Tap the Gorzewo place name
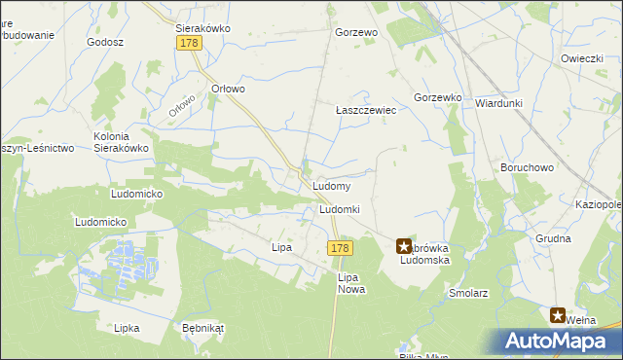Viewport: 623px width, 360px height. coord(355,32)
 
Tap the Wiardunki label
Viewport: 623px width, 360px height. coord(499,102)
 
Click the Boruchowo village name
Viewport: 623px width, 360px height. coord(527,167)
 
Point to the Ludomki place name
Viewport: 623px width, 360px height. coord(340,210)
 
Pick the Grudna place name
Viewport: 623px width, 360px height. coord(553,237)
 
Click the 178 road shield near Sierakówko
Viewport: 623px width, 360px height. coord(189,44)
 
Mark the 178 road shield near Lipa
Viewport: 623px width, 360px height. coord(339,249)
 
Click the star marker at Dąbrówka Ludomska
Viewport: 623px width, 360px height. coord(404,248)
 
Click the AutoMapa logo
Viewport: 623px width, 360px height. coord(561,342)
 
